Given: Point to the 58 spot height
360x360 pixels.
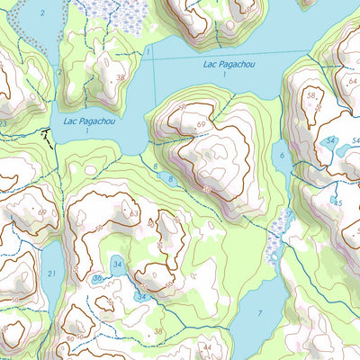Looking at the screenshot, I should (x=312, y=94).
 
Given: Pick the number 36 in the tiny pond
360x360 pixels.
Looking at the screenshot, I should (x=96, y=279).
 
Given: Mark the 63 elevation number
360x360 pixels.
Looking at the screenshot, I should (x=134, y=214).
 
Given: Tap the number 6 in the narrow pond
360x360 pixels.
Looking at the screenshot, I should (x=282, y=156).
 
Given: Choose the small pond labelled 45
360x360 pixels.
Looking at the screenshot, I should (x=337, y=200).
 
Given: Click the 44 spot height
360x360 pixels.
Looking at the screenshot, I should (x=206, y=346).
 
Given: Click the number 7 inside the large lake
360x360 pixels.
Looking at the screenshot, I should (x=260, y=312).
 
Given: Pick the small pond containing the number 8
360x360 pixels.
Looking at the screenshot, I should (x=168, y=179).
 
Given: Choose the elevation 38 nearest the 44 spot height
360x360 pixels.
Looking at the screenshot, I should (x=158, y=332).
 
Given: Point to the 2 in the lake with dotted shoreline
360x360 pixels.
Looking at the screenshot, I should (x=59, y=72).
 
